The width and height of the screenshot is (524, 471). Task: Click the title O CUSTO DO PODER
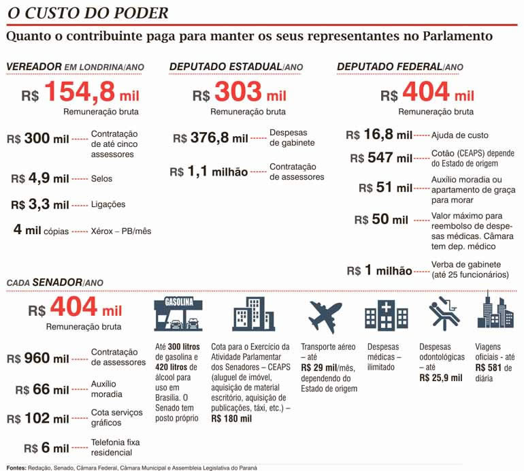click(x=86, y=14)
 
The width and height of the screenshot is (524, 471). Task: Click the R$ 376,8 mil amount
click(x=210, y=138)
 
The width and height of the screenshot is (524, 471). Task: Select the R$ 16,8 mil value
click(x=379, y=135)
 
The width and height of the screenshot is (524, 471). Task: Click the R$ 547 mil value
click(x=381, y=158)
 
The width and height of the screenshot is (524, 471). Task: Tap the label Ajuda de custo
click(x=459, y=135)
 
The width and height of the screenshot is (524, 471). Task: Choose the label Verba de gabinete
click(x=466, y=265)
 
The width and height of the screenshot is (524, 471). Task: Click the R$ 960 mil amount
click(x=37, y=358)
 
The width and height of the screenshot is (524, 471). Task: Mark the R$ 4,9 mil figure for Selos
click(x=40, y=178)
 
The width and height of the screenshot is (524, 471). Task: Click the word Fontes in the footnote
click(x=17, y=467)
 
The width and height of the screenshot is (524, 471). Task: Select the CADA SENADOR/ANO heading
click(x=54, y=282)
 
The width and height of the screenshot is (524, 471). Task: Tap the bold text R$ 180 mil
click(x=231, y=419)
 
